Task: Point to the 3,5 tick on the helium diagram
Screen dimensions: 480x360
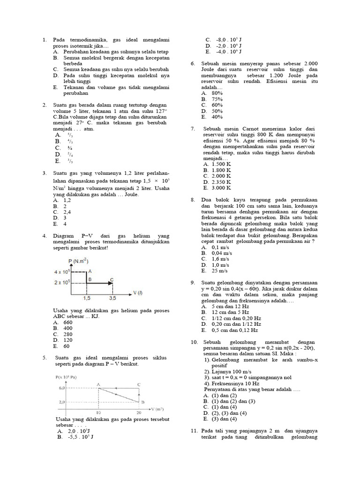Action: click(112, 298)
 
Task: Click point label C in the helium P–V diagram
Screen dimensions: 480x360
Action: click(111, 280)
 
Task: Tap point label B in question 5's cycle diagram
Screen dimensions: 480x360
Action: click(142, 402)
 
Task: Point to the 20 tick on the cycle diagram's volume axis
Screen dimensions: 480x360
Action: click(139, 412)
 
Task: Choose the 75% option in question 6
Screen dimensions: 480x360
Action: click(217, 99)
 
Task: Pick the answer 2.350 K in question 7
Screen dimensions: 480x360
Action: click(221, 181)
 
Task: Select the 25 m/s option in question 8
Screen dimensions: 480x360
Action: click(220, 270)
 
